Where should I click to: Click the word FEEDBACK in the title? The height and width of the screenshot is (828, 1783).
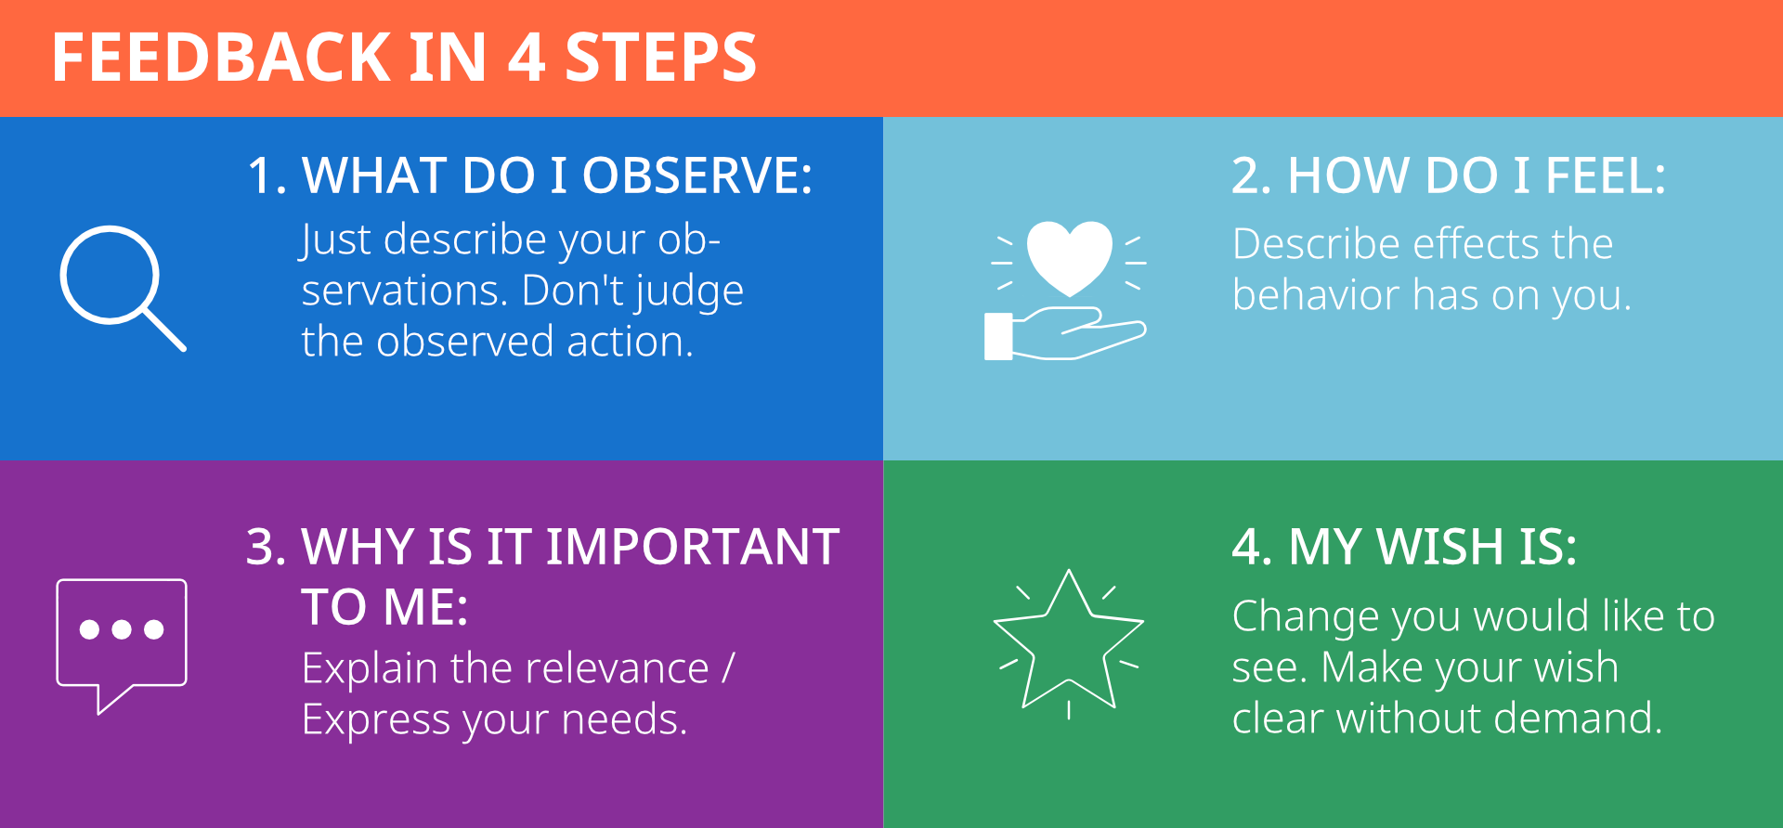tap(222, 58)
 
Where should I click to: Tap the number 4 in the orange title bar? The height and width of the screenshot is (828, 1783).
tap(527, 58)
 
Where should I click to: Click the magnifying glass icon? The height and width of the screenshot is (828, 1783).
tap(123, 288)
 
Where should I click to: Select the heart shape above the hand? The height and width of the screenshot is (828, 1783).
tap(1069, 257)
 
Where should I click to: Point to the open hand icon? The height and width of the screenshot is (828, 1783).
tap(1064, 334)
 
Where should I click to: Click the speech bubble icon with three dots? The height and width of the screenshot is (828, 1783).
tap(122, 645)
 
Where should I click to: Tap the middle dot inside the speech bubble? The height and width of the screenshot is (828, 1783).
tap(122, 629)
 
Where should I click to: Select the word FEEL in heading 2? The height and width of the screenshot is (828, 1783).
tap(1606, 175)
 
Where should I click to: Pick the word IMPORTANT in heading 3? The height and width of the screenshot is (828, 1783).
tap(693, 547)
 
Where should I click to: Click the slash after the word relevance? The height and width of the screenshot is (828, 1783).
tap(728, 668)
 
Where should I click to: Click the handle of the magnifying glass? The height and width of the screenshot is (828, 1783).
tap(164, 330)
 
